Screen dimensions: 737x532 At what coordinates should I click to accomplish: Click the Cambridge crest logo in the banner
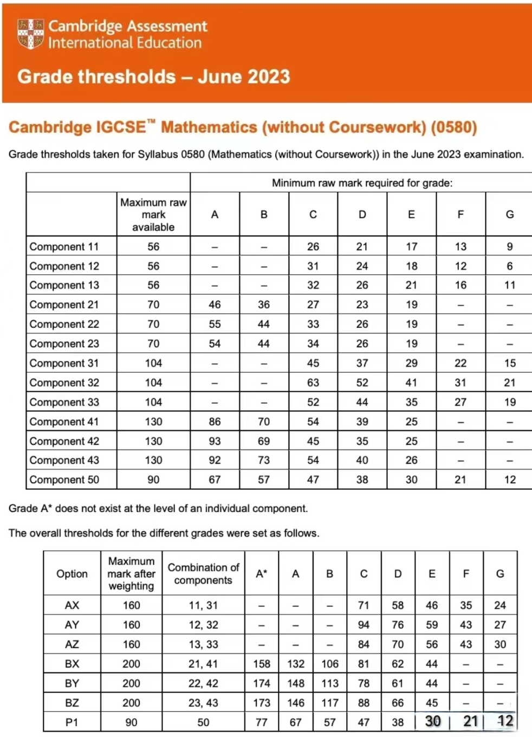30,34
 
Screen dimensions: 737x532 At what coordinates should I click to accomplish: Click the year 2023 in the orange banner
267,76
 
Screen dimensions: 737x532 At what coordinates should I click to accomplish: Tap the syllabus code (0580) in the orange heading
454,127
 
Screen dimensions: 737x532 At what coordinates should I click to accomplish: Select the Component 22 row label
64,324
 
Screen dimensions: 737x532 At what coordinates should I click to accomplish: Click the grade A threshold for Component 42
215,441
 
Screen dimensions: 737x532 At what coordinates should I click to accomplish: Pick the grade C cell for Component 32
313,383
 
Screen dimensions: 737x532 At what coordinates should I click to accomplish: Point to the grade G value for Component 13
510,285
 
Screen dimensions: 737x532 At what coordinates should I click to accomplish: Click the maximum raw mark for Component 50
153,480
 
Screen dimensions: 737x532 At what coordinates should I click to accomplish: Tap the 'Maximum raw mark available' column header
153,215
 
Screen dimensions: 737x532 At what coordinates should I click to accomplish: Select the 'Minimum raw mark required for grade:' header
362,183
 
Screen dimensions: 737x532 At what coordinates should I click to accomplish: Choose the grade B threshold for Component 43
264,460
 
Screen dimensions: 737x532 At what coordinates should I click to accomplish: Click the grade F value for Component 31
460,363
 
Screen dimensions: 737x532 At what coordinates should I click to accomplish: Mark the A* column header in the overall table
262,573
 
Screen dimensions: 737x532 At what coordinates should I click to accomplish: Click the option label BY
72,683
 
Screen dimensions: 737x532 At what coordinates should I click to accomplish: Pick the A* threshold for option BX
262,664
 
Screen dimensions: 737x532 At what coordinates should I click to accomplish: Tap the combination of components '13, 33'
203,644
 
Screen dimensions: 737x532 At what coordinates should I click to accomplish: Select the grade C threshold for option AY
364,625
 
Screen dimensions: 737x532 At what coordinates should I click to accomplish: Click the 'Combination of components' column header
203,574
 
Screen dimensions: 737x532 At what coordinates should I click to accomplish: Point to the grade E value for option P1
432,721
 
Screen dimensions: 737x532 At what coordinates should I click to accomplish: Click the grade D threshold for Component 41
362,422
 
